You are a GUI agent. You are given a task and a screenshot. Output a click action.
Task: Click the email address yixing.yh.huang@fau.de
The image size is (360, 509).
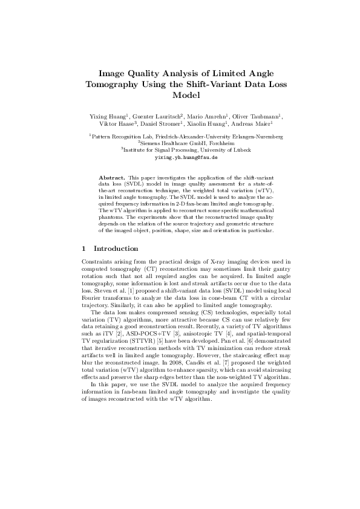[180, 156]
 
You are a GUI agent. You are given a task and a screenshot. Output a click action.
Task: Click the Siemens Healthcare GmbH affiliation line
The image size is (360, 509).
[180, 143]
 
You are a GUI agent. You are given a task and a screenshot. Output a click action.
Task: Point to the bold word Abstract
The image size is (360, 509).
[111, 177]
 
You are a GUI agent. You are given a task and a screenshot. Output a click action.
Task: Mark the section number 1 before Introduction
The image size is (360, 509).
[83, 248]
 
